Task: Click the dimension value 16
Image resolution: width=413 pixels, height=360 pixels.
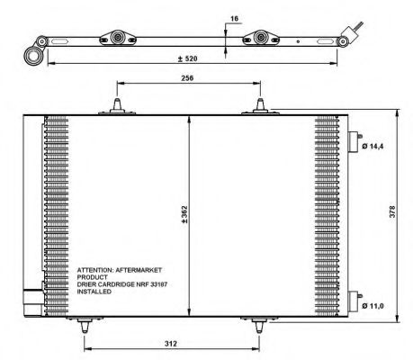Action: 234,18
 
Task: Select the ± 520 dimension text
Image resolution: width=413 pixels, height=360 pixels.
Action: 188,59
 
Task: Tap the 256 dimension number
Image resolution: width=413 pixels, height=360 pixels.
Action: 187,78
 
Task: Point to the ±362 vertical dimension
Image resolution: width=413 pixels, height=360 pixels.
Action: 183,213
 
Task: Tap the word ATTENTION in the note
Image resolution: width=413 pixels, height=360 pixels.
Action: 97,269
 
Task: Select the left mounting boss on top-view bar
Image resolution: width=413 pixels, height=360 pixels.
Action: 117,39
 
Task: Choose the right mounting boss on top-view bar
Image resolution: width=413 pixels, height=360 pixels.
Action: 263,39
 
